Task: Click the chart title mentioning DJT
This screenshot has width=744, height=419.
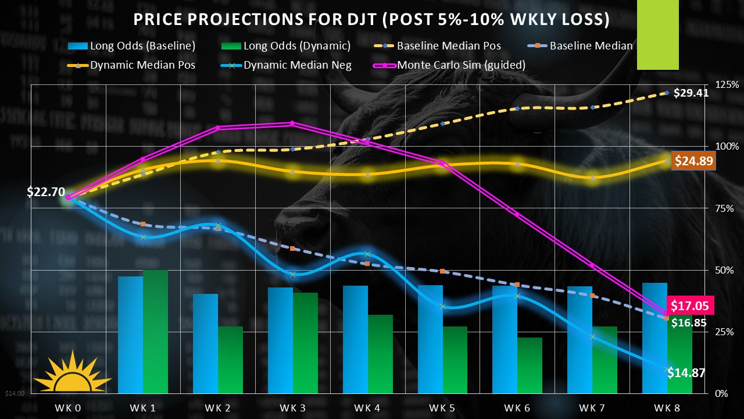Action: coord(371,20)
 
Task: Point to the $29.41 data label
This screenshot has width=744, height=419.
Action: coord(691,92)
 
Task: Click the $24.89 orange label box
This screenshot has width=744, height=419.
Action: coord(693,161)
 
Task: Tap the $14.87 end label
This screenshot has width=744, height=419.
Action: coord(686,373)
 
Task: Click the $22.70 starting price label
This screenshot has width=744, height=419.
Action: coord(45,192)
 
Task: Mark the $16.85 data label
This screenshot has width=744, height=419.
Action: coord(690,322)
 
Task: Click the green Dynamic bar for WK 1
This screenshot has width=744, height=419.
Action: coord(155,332)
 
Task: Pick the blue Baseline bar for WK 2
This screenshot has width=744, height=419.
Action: coord(205,343)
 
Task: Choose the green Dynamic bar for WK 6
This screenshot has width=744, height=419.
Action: coord(530,365)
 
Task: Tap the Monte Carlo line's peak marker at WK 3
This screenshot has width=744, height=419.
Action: coord(292,123)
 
